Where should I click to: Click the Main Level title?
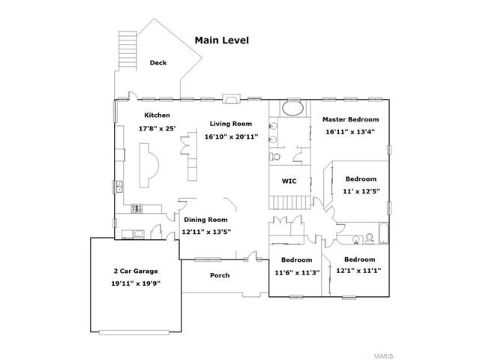222,40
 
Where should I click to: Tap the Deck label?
158,63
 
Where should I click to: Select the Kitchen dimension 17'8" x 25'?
157,128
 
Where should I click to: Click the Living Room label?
231,124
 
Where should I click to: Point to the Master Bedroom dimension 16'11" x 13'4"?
350,132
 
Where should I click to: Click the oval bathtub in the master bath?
292,108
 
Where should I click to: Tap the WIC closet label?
289,181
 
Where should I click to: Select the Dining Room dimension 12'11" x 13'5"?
206,232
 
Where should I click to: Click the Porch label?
220,275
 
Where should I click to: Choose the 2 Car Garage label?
136,271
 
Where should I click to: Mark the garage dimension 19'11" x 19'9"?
136,283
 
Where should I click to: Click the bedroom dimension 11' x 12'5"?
361,191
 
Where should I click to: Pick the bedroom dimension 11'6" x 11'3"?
297,272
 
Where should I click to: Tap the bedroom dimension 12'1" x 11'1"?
358,271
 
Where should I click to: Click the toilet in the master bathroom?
274,157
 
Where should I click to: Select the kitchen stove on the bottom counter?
136,208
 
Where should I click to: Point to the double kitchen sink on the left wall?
119,187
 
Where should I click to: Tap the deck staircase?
127,51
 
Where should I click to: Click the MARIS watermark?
383,356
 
